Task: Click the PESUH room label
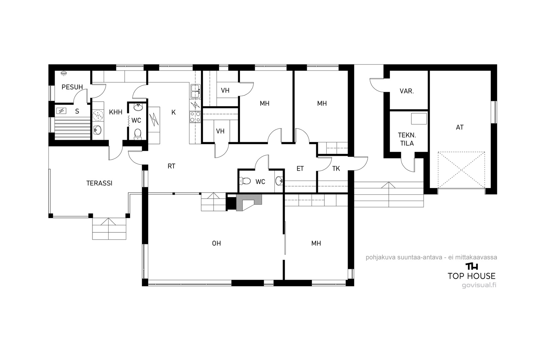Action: [x=72, y=87]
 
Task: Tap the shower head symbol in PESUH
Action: [x=64, y=73]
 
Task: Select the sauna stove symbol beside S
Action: [x=61, y=111]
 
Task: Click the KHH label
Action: [x=116, y=112]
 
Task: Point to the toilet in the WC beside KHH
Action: [x=138, y=134]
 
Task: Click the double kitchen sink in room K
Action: [x=195, y=91]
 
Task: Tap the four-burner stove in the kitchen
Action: [x=195, y=117]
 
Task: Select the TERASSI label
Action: [x=99, y=183]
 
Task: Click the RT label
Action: [x=171, y=166]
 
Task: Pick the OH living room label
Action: [x=216, y=243]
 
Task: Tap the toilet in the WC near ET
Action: [x=245, y=181]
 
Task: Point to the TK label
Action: [x=336, y=169]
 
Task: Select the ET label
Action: [x=300, y=169]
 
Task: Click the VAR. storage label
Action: [x=407, y=91]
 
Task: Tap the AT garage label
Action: [x=460, y=127]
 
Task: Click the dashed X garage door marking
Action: [x=461, y=170]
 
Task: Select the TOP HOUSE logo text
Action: [x=471, y=276]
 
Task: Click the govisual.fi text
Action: [x=479, y=285]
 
